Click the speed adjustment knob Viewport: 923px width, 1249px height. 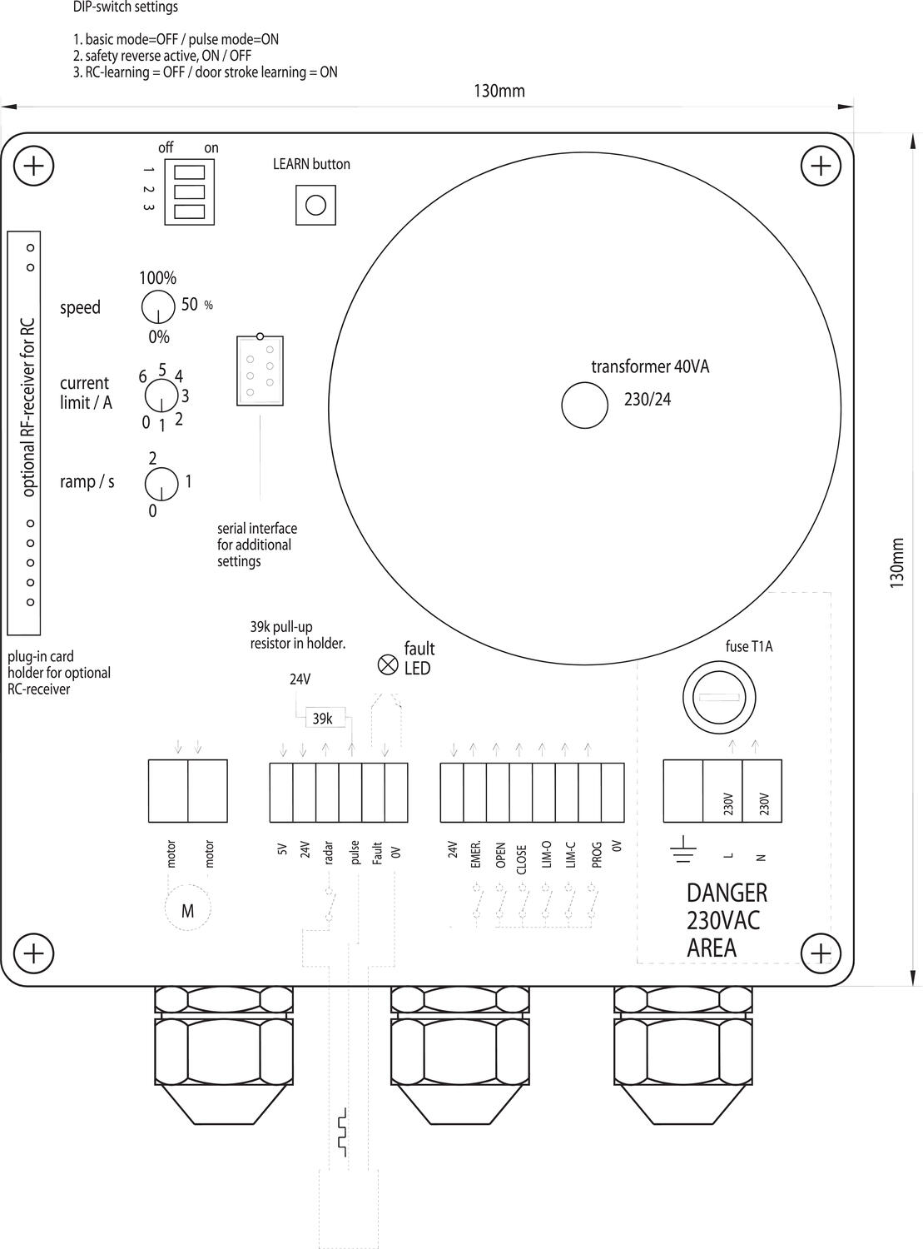coord(158,307)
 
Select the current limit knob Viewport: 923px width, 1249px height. coord(161,396)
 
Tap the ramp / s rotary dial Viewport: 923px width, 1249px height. coord(161,484)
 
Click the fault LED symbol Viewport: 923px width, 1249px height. coord(387,664)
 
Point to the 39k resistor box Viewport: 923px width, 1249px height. coord(322,718)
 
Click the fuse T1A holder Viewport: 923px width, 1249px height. coord(719,697)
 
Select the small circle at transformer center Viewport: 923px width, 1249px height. coord(585,405)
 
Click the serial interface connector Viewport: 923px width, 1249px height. coord(260,370)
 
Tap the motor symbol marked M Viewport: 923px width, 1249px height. coord(187,911)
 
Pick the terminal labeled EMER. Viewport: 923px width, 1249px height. coord(475,793)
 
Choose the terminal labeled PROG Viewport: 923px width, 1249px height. coord(590,793)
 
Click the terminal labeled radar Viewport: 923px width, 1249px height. coord(328,793)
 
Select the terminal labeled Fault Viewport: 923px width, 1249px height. coord(374,793)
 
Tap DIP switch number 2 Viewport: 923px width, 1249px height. coord(189,192)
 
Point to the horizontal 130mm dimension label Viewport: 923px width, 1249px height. coord(499,91)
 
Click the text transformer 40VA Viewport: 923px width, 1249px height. coord(650,366)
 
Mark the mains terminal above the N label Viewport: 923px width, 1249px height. coord(762,791)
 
